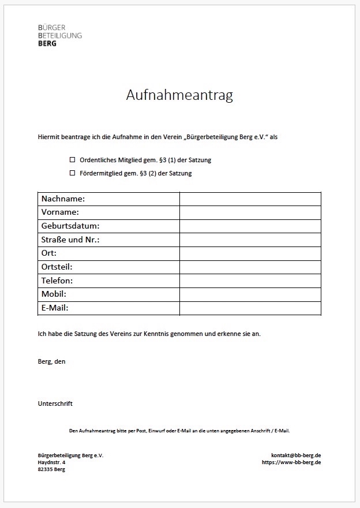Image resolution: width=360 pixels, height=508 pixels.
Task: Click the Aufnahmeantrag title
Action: [179, 95]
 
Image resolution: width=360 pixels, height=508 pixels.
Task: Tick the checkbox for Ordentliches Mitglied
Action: [73, 160]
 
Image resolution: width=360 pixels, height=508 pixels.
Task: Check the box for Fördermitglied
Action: [73, 173]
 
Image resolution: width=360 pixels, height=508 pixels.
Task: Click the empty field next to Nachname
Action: [250, 199]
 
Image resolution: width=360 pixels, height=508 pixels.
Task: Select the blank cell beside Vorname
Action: [250, 212]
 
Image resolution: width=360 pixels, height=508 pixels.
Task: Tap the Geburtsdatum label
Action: [70, 226]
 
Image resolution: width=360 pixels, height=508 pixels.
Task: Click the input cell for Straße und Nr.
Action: [250, 240]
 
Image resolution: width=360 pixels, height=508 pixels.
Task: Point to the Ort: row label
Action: [49, 253]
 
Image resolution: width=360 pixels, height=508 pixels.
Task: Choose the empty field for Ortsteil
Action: [250, 267]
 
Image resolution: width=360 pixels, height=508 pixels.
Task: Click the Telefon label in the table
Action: [57, 281]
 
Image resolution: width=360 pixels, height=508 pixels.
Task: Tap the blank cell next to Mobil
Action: [250, 294]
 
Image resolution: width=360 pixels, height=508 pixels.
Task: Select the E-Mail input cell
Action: [250, 308]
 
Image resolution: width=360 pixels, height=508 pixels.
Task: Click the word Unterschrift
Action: [55, 404]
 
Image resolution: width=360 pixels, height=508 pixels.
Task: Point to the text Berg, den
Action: [52, 361]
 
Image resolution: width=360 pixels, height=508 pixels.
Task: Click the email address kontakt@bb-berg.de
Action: [296, 455]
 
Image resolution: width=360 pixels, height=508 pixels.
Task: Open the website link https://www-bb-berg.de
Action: [291, 462]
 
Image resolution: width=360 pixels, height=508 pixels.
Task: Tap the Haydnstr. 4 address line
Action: [52, 462]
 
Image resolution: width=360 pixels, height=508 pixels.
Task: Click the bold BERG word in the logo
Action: [47, 43]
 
